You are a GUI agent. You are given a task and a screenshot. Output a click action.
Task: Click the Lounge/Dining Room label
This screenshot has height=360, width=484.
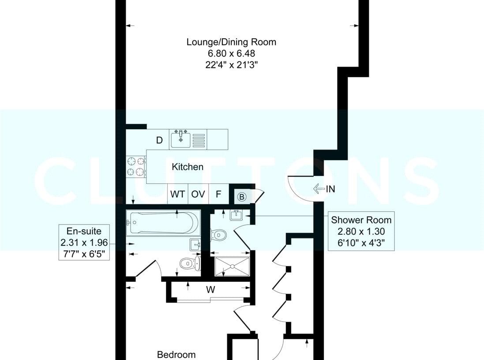click(x=231, y=42)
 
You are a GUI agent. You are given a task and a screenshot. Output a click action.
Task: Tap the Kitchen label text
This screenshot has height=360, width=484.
click(x=188, y=167)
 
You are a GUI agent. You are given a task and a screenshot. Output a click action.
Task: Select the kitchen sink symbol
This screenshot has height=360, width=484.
click(x=180, y=139)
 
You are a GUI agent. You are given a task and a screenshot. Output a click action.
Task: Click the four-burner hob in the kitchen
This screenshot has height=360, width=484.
click(x=136, y=167)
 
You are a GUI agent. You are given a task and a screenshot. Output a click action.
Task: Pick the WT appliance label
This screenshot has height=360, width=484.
click(x=177, y=194)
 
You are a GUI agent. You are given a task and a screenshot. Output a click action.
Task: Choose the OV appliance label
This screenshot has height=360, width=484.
click(x=198, y=194)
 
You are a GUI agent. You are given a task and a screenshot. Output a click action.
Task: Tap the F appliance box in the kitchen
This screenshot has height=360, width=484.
click(x=218, y=194)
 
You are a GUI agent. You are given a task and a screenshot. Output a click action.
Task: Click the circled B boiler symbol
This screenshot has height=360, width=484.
click(x=242, y=197)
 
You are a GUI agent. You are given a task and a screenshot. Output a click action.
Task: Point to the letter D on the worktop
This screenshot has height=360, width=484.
click(x=159, y=140)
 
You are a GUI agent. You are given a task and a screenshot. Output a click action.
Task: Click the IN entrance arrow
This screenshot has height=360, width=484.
click(x=324, y=189)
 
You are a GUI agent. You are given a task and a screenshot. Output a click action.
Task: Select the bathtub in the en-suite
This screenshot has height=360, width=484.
click(x=163, y=223)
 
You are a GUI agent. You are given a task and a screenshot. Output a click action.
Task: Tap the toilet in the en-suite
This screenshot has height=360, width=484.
click(x=190, y=263)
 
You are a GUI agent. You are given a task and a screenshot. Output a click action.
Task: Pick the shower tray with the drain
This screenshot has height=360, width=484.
click(x=232, y=266)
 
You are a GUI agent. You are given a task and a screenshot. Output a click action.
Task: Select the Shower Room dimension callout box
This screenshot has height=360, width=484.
click(x=361, y=231)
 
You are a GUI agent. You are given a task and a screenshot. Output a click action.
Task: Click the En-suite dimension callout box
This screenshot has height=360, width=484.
click(x=84, y=242)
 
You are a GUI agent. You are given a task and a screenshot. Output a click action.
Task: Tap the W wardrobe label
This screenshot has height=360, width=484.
click(x=210, y=289)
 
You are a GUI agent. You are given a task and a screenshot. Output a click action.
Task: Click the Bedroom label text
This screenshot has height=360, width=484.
click(x=176, y=355)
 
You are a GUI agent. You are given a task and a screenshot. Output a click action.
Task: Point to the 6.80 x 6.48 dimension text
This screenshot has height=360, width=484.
click(x=231, y=53)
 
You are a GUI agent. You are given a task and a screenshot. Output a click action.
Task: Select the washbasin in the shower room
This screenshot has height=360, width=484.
click(x=236, y=214)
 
